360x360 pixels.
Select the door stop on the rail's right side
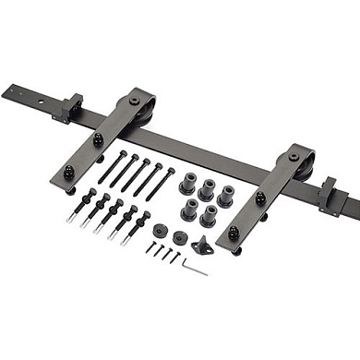click(330, 197)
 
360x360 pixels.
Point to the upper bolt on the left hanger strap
click(98, 139)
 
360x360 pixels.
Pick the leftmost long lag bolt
click(110, 171)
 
